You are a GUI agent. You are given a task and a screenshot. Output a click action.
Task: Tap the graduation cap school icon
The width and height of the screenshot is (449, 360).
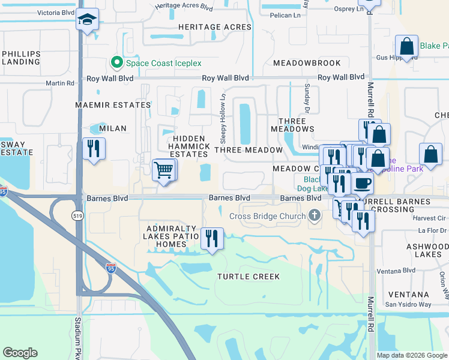[x=87, y=20]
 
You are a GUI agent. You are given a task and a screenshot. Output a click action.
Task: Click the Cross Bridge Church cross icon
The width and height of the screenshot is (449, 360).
[x=315, y=215]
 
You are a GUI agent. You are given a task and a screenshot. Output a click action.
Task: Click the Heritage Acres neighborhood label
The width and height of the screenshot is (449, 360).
[x=214, y=27]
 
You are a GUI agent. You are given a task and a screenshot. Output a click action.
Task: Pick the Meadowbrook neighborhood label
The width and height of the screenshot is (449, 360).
[x=307, y=63]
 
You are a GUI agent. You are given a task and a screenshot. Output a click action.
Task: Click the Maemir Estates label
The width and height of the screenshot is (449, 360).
[x=112, y=105]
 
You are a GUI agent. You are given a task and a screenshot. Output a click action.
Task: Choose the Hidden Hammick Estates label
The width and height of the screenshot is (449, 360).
[x=189, y=146]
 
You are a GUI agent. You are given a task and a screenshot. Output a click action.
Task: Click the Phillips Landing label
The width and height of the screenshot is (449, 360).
[x=21, y=58]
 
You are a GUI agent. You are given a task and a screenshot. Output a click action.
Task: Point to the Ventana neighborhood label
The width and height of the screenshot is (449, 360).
[x=408, y=295]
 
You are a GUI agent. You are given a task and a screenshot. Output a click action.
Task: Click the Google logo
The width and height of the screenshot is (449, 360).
[x=20, y=353]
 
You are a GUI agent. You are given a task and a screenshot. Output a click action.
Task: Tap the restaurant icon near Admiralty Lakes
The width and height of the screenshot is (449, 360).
[x=211, y=238]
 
